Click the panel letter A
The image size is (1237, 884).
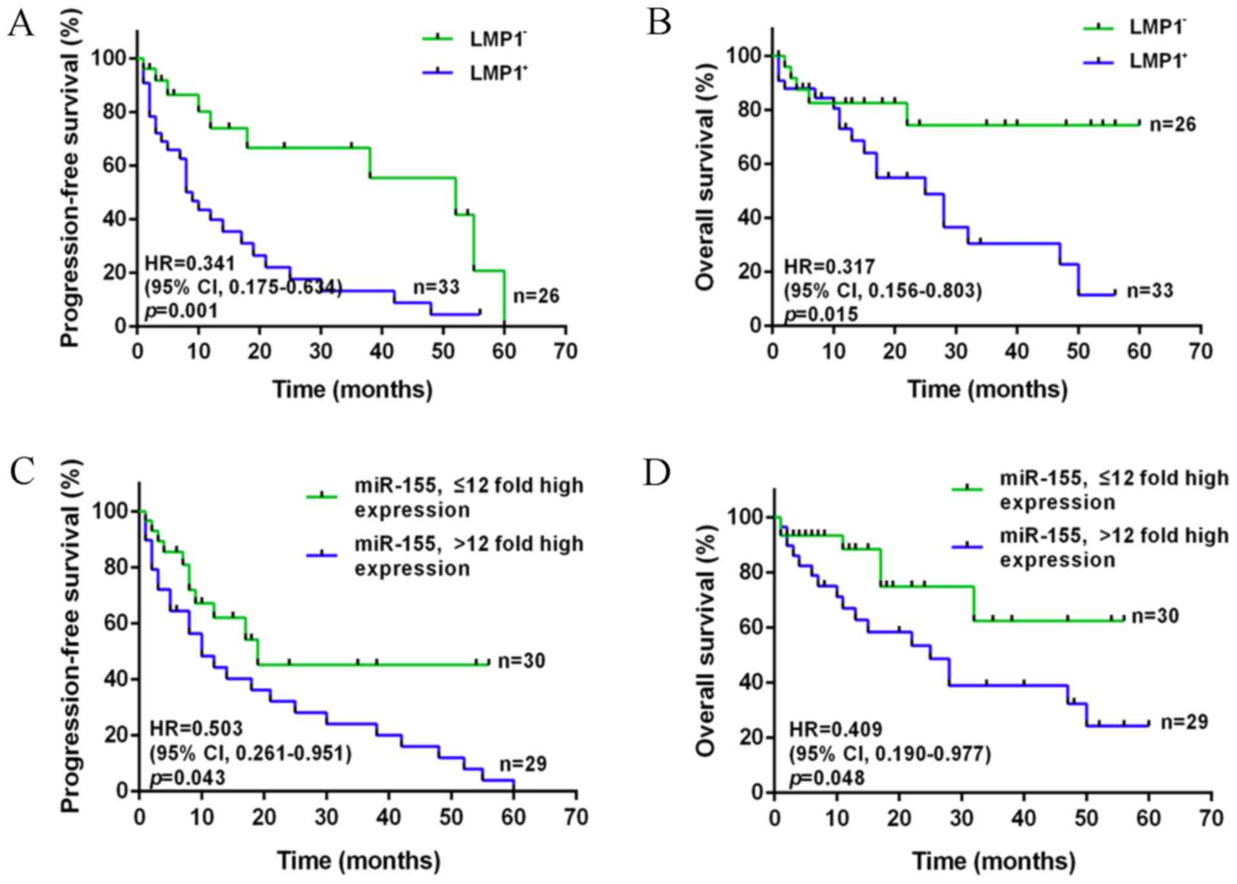(21, 24)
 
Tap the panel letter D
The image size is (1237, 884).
(658, 473)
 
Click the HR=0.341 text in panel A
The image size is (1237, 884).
(189, 263)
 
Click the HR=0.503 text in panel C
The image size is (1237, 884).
(196, 728)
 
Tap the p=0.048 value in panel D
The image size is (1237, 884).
(826, 777)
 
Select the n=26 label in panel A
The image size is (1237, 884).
(536, 296)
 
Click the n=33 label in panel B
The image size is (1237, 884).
(1150, 291)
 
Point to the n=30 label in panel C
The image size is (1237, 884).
(521, 661)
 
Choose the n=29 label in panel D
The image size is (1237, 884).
(1184, 722)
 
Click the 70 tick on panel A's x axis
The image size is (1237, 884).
(565, 351)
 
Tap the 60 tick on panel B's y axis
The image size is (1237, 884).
(749, 164)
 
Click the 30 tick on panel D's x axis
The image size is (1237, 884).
(962, 818)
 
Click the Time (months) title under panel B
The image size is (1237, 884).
(987, 389)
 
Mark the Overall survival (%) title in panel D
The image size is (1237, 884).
(705, 640)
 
